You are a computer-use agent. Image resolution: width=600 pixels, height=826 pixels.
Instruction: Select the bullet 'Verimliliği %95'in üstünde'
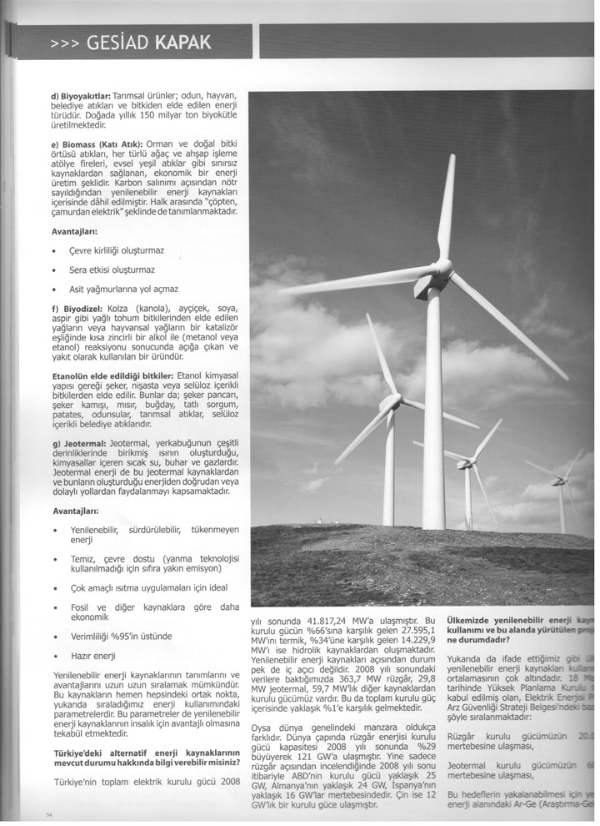click(123, 636)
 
